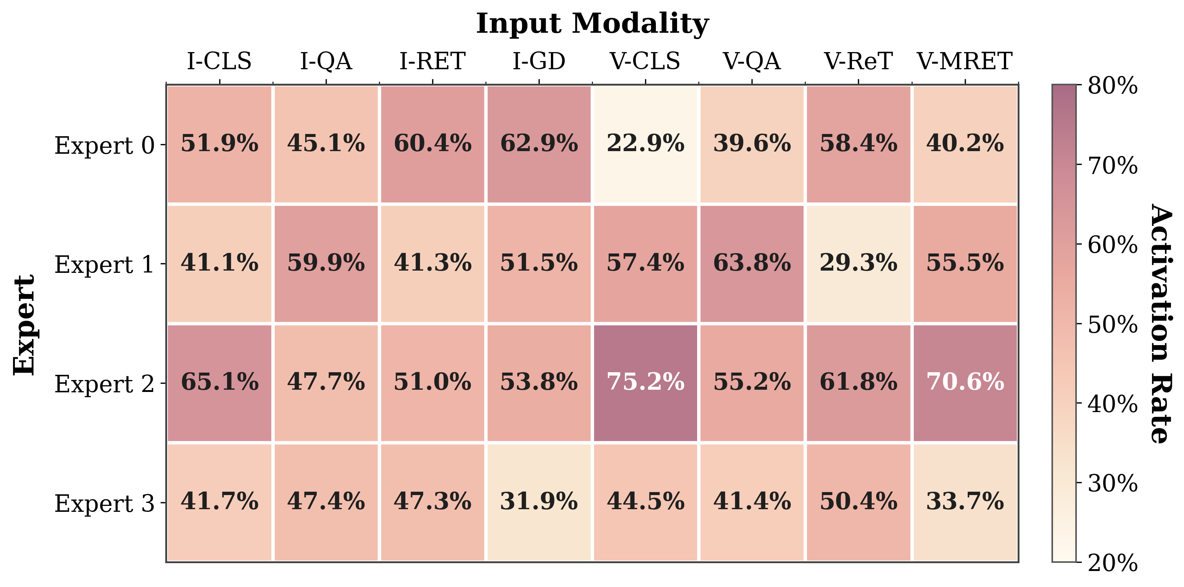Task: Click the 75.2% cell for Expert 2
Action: [x=645, y=382]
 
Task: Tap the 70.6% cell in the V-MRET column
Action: [x=965, y=382]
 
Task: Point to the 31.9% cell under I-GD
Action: [x=539, y=501]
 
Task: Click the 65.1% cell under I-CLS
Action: [x=219, y=382]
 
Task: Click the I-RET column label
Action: [x=432, y=61]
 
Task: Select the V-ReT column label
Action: [x=858, y=61]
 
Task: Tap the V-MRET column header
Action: [x=965, y=61]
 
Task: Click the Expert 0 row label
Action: [x=104, y=145]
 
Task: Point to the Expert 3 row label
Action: [x=104, y=503]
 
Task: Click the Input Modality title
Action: [x=592, y=24]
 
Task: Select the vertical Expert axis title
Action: [x=24, y=325]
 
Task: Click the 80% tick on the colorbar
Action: [x=1112, y=86]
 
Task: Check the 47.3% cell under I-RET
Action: [x=432, y=501]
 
